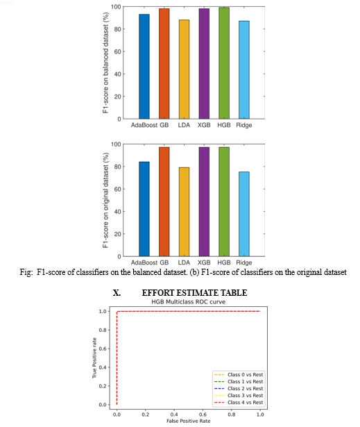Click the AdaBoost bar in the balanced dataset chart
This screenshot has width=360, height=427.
point(144,67)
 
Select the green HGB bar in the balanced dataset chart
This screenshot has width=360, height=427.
point(224,63)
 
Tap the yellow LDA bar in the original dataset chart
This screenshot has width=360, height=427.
point(184,212)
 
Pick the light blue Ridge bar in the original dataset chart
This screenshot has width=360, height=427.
point(244,214)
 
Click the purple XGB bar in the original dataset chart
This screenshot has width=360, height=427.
point(204,202)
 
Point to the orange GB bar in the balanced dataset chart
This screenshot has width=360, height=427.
point(164,64)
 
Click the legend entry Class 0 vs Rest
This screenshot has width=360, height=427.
point(239,375)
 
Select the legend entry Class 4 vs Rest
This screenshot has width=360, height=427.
point(239,403)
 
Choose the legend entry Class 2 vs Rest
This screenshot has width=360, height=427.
point(239,389)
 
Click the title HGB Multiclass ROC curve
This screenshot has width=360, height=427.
point(188,302)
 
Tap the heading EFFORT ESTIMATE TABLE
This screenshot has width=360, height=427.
point(194,293)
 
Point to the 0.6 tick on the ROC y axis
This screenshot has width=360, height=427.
point(103,349)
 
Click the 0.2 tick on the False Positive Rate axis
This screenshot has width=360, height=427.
point(145,415)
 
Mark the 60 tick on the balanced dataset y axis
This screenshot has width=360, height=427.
point(117,51)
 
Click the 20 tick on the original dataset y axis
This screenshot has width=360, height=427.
point(117,234)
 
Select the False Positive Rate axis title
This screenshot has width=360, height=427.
point(188,421)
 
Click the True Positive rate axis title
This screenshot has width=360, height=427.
point(94,358)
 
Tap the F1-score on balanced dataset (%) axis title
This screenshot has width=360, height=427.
point(105,62)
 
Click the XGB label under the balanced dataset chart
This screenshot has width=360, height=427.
point(204,125)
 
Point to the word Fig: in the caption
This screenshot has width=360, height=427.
point(26,272)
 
